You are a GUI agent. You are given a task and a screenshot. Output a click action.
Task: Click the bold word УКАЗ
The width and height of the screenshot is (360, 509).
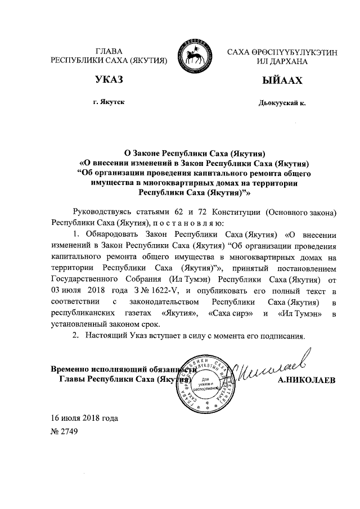pyautogui.click(x=109, y=81)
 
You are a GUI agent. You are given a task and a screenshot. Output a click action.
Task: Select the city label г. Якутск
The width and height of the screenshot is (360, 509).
pyautogui.click(x=109, y=103)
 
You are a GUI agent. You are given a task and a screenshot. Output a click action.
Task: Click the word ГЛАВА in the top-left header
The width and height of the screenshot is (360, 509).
pyautogui.click(x=110, y=51)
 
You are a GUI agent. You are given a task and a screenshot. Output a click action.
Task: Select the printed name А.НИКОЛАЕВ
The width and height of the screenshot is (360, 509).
pyautogui.click(x=307, y=380)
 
